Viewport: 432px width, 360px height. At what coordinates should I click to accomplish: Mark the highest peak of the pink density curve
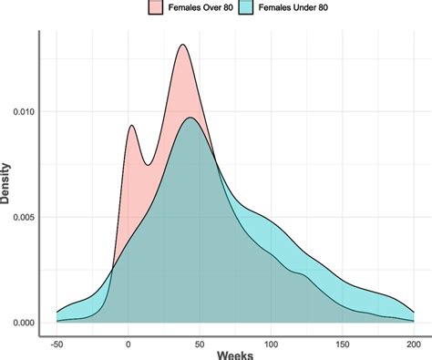183,45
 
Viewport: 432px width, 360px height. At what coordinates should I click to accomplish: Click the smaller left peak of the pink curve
132,125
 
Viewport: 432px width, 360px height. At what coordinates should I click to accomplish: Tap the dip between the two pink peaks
147,165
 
